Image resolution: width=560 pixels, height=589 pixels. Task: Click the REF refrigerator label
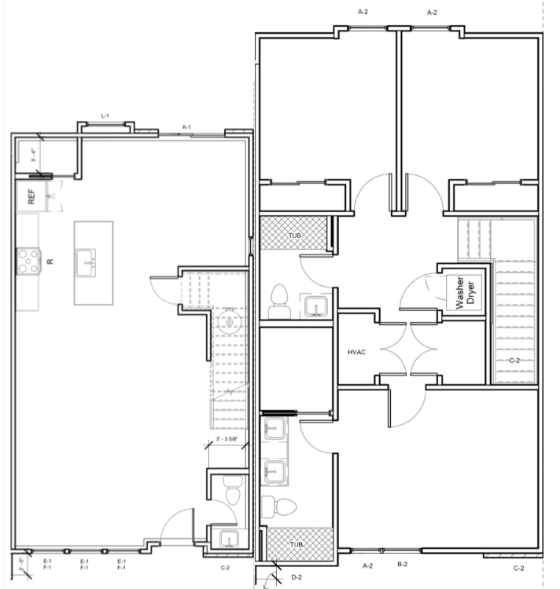pos(31,197)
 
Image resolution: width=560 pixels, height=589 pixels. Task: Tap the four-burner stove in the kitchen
pos(28,260)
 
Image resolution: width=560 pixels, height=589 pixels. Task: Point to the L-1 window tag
pos(105,115)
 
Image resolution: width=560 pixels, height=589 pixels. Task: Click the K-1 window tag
pos(187,126)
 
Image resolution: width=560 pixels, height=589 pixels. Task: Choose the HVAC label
pos(358,352)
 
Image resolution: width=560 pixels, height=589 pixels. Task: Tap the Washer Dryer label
pos(460,292)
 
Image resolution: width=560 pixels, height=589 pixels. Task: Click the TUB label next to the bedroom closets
pos(294,235)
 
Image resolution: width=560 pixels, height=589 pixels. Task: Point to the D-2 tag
pos(296,577)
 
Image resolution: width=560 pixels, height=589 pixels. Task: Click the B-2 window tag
pos(402,565)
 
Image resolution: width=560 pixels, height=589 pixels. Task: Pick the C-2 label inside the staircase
pos(515,360)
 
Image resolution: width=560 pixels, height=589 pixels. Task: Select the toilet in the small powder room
pos(230,492)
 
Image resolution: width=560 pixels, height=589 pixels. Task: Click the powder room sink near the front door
pos(227,539)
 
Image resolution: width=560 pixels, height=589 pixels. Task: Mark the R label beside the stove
pos(49,262)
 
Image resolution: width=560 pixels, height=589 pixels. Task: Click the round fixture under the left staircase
pos(230,322)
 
